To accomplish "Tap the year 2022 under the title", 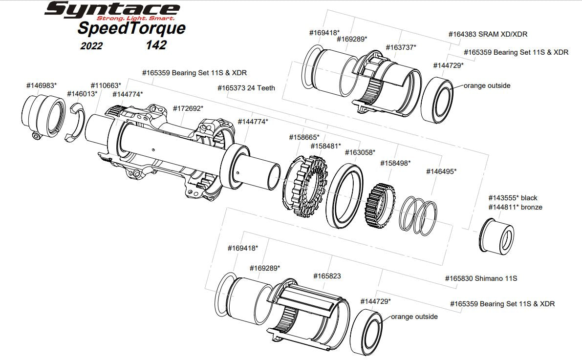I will point(92,46).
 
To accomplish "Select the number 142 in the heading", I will point(156,45).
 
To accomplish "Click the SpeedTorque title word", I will point(131,28).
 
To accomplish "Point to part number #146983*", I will point(42,85).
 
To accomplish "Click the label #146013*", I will point(82,93).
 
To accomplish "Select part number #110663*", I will point(106,85).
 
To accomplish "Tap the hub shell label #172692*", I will point(188,108).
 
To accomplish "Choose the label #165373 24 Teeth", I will point(246,88).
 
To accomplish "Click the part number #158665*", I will point(304,137).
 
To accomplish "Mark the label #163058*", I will point(360,152).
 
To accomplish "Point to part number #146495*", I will point(441,171).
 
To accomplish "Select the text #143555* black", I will point(513,198).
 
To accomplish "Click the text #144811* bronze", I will point(515,207).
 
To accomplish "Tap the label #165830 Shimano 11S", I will point(481,278).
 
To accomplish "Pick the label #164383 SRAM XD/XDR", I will point(488,35).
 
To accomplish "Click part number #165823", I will point(327,276).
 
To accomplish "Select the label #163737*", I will point(401,47).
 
